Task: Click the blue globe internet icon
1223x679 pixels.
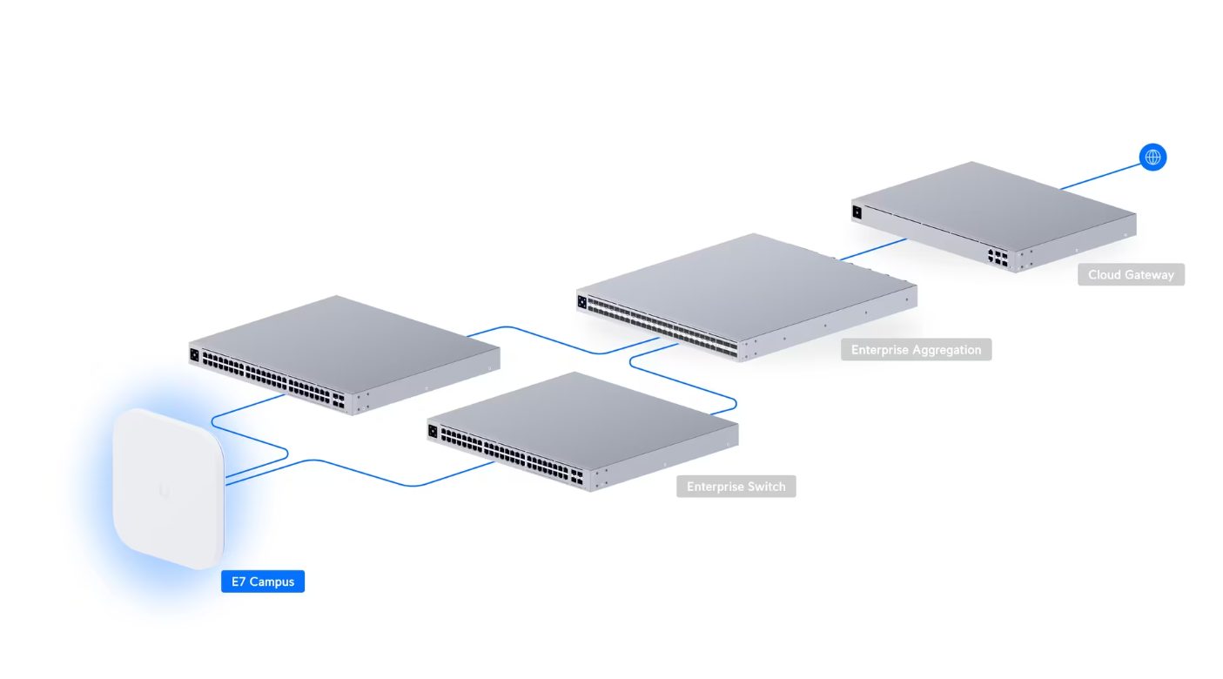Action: coord(1152,158)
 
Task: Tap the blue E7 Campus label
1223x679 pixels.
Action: coord(263,582)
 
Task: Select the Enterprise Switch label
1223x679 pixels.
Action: coord(736,487)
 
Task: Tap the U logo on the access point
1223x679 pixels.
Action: coord(165,491)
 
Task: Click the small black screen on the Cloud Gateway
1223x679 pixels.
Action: coord(857,212)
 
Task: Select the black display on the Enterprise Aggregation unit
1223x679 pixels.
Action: coord(581,302)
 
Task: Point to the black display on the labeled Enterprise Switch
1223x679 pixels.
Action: coord(433,430)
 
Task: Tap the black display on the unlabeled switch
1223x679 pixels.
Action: coord(194,354)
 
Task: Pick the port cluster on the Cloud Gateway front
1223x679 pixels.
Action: coord(998,257)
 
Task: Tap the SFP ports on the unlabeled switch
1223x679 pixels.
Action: coord(337,400)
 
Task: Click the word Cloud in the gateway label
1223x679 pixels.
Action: coord(1104,275)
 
